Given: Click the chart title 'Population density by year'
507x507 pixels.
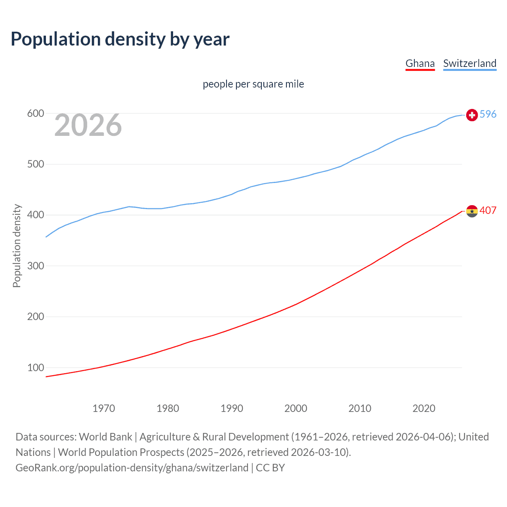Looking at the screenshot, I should click(x=120, y=39).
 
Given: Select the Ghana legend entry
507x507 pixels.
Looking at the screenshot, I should click(x=420, y=63).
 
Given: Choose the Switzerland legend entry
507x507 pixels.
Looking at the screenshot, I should click(x=469, y=63).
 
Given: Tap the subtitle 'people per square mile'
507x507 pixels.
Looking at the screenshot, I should click(x=253, y=84).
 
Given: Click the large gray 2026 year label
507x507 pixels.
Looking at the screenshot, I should click(x=88, y=125).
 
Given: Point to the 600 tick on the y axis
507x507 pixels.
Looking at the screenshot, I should click(x=35, y=114).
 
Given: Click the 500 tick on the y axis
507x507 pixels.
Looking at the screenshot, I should click(x=35, y=164).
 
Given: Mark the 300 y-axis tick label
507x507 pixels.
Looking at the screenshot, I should click(x=35, y=266).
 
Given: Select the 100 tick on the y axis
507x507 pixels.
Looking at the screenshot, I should click(x=35, y=368).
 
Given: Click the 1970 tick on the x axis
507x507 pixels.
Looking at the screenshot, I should click(x=104, y=408).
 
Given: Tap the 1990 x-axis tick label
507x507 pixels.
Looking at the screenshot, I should click(x=232, y=408).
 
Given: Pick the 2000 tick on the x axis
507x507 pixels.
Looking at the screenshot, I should click(x=296, y=408).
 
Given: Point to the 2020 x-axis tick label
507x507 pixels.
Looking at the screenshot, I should click(x=424, y=408).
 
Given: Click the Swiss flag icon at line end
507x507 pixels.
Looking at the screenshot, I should click(x=472, y=115).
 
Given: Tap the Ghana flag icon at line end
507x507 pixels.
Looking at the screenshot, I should click(x=472, y=211).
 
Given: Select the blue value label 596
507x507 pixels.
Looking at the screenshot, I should click(x=488, y=114).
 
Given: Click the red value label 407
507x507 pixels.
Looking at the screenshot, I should click(x=488, y=211).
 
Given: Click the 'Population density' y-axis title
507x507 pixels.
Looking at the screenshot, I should click(x=17, y=246).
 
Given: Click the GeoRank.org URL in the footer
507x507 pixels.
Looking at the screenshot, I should click(x=132, y=468).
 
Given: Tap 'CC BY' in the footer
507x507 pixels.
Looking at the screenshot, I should click(x=271, y=468).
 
